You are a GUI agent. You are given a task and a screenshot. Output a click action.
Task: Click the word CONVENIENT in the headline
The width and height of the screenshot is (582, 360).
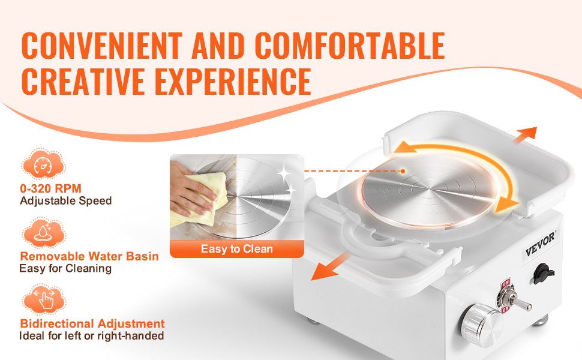tap(102, 46)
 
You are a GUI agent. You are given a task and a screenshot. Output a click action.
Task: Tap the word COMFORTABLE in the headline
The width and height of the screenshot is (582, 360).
tap(350, 46)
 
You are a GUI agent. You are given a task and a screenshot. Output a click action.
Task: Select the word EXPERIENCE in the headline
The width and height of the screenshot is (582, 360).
tap(233, 82)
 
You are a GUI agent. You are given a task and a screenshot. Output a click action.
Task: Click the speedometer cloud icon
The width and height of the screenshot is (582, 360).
tap(43, 164)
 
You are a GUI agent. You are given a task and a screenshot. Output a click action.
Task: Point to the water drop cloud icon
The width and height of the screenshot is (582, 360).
tap(43, 233)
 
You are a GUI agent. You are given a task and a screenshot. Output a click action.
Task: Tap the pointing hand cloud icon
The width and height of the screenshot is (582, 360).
tap(43, 300)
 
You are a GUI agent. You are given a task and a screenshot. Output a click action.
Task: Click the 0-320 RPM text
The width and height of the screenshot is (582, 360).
tap(50, 188)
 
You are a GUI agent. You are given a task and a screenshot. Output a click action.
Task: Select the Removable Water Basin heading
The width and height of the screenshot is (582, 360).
tap(89, 256)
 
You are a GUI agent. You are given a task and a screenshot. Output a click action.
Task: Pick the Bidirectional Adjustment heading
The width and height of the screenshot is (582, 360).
tap(92, 323)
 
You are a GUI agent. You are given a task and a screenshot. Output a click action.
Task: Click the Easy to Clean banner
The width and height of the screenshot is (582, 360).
tap(237, 248)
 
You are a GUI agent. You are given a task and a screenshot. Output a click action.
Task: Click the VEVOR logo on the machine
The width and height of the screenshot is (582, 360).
tap(541, 244)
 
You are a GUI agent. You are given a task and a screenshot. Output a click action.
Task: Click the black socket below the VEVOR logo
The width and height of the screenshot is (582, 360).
tap(543, 274)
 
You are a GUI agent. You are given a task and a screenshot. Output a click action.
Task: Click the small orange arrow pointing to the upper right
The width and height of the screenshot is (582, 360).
tap(525, 134)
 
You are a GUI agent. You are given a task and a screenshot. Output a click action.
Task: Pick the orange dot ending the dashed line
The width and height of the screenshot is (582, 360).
tap(403, 171)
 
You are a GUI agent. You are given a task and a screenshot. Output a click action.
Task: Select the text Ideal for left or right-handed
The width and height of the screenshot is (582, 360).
tap(91, 336)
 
